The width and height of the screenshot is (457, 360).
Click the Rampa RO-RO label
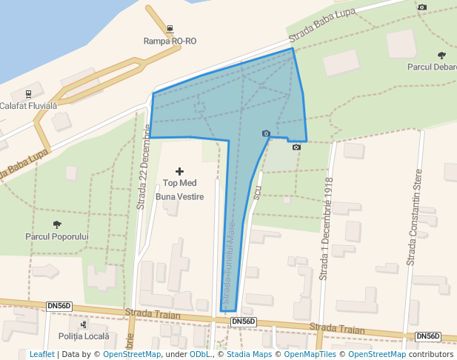170,41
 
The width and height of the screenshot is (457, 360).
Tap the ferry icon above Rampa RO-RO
170,30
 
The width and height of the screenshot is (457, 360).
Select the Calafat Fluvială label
28,106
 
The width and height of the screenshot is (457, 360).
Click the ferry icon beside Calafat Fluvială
28,94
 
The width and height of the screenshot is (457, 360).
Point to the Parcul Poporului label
57,236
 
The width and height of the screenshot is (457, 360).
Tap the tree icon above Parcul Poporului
57,224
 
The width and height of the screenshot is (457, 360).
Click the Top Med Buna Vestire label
179,190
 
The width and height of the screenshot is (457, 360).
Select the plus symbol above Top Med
179,171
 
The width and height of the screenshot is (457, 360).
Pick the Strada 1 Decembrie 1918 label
324,229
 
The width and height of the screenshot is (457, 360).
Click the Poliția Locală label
83,336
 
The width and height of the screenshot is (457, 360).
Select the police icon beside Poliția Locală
83,324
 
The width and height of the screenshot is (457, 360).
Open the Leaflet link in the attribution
41,355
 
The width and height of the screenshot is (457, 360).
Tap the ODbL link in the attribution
199,355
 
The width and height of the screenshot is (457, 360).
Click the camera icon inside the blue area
266,133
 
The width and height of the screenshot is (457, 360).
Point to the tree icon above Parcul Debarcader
442,55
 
